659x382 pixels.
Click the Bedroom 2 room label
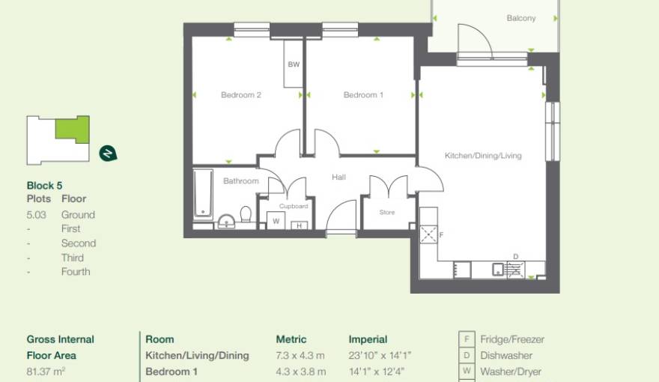pos(240,95)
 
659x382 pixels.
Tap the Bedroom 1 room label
pos(363,95)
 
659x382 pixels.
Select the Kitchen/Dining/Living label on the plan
pos(483,156)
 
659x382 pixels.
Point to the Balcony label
pos(520,18)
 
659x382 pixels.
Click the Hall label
pos(339,178)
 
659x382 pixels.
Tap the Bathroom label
pos(240,181)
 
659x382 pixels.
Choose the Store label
pos(386,213)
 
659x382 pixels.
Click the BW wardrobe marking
pos(294,65)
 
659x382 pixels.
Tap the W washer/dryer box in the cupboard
pos(276,221)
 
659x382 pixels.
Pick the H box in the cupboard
pos(299,225)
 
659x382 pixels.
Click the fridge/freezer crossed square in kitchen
pos(428,234)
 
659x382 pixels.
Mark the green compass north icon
pos(108,154)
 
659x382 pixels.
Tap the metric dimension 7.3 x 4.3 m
pos(300,356)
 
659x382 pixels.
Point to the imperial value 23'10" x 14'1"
pos(380,356)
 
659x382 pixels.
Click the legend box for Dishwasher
pos(466,356)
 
